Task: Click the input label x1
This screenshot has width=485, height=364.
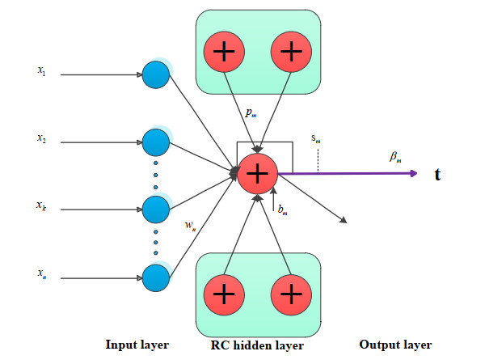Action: (x=40, y=71)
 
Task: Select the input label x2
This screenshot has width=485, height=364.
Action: (x=40, y=139)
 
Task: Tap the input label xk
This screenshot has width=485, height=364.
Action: (x=40, y=207)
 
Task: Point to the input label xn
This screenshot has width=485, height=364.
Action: (x=40, y=276)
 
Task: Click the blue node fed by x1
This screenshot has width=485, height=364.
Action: (x=155, y=74)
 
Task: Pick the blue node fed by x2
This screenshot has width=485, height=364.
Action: (x=155, y=142)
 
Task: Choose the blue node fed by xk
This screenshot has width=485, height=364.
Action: (x=155, y=209)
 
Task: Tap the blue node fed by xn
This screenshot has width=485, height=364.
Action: (x=155, y=277)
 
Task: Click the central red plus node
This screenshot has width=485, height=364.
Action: (x=257, y=172)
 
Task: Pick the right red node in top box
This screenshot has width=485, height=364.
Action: (x=289, y=53)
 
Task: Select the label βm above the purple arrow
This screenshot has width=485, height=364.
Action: (x=394, y=158)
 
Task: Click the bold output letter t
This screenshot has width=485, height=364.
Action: (x=437, y=173)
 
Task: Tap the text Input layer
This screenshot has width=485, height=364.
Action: (x=137, y=345)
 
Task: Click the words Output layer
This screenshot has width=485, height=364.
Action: (x=394, y=345)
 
